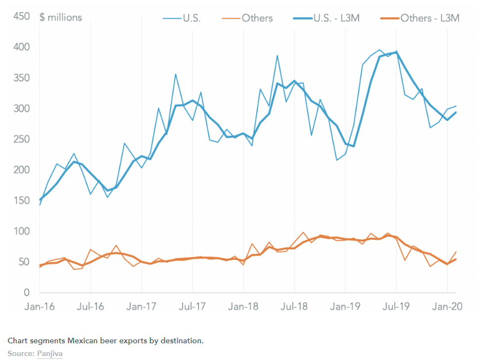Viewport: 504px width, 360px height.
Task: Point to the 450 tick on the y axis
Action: coord(21,17)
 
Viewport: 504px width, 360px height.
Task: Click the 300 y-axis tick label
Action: coord(21,109)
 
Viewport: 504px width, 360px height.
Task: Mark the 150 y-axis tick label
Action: coord(21,201)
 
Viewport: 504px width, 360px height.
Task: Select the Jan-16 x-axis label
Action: coord(40,306)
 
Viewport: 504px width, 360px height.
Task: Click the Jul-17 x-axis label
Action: coord(192,306)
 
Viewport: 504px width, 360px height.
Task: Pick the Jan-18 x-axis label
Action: coord(243,306)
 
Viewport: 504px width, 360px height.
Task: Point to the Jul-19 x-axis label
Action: coord(396,306)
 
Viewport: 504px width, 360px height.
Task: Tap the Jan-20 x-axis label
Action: coord(447,306)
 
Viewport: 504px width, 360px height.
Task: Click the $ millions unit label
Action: coord(61,17)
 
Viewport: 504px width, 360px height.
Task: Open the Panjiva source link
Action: coord(50,354)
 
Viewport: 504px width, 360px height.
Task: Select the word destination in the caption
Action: coord(181,340)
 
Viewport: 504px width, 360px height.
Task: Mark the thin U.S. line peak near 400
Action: coord(379,50)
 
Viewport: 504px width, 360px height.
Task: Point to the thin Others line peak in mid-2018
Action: coord(303,232)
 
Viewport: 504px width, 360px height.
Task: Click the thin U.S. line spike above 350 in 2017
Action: coord(175,74)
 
